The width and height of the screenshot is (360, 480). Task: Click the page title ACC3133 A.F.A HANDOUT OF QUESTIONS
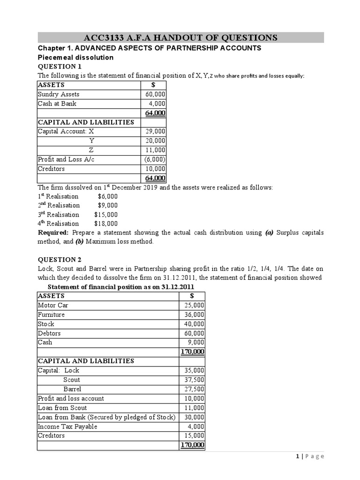coord(180,37)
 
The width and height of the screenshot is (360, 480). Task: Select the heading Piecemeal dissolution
coord(75,57)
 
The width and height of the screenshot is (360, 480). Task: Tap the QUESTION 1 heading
coord(60,67)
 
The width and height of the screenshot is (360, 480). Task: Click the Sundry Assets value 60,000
coord(155,94)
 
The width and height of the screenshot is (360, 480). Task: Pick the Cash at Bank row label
coord(57,104)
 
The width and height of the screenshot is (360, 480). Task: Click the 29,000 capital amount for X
coord(155,131)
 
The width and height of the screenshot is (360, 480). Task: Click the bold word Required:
coord(53,232)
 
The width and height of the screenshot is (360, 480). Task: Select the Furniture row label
coord(51,315)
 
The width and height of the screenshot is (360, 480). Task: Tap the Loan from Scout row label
coord(62,408)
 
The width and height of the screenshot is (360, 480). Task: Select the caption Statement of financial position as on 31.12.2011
coord(121,287)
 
